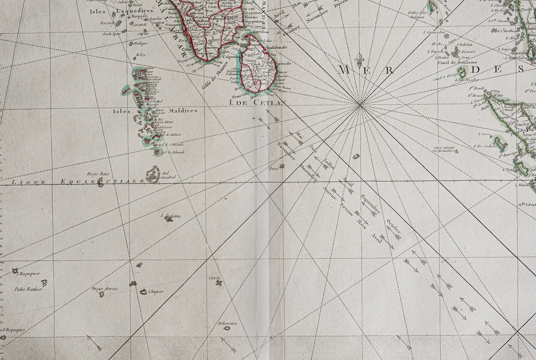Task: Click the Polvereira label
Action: click(x=227, y=323)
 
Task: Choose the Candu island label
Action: click(x=215, y=278)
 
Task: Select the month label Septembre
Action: click(x=370, y=204)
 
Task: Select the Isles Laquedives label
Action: click(x=121, y=11)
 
